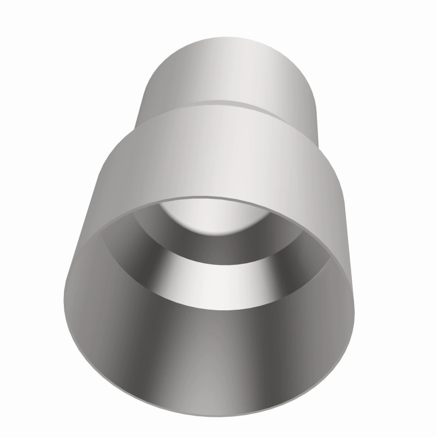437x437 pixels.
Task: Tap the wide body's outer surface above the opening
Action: pos(218,158)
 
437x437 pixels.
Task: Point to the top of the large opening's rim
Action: pos(218,198)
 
